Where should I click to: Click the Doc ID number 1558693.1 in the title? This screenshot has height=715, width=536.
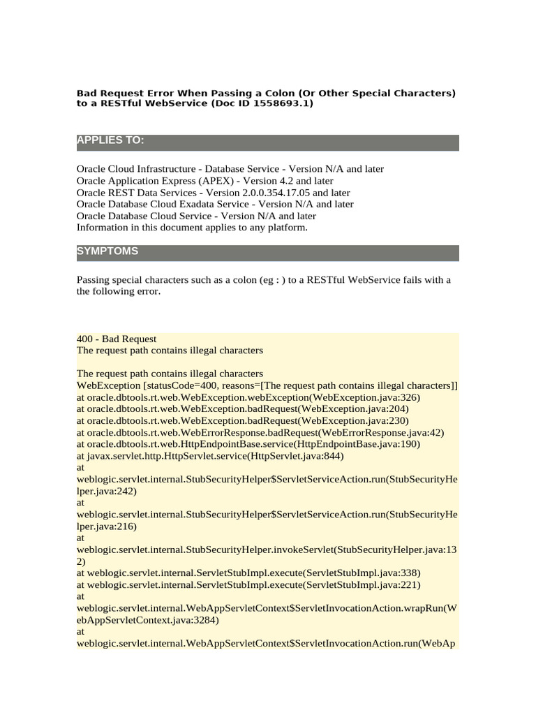(x=285, y=104)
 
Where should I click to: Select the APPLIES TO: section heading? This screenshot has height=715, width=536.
(x=110, y=141)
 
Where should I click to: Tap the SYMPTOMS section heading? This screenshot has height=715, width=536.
(x=107, y=251)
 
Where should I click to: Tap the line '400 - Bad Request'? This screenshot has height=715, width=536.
(x=117, y=339)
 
